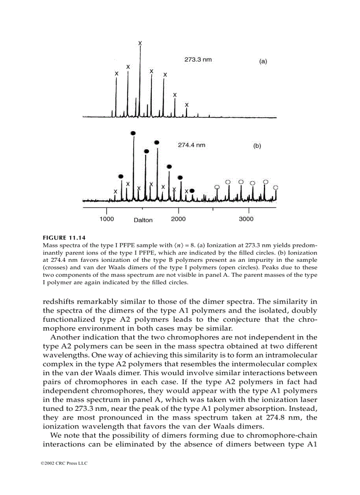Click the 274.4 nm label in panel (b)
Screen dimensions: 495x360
pyautogui.click(x=191, y=145)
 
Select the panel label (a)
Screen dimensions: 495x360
pyautogui.click(x=262, y=62)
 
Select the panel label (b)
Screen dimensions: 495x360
pyautogui.click(x=257, y=146)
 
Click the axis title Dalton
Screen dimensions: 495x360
pyautogui.click(x=143, y=220)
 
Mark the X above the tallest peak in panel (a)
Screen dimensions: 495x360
pyautogui.click(x=140, y=43)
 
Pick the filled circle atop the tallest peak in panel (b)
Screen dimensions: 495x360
pyautogui.click(x=133, y=133)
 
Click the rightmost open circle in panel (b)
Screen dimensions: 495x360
pyautogui.click(x=275, y=187)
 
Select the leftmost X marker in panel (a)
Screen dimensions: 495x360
pyautogui.click(x=116, y=74)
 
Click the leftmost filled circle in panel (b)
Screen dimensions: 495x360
pyautogui.click(x=121, y=176)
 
